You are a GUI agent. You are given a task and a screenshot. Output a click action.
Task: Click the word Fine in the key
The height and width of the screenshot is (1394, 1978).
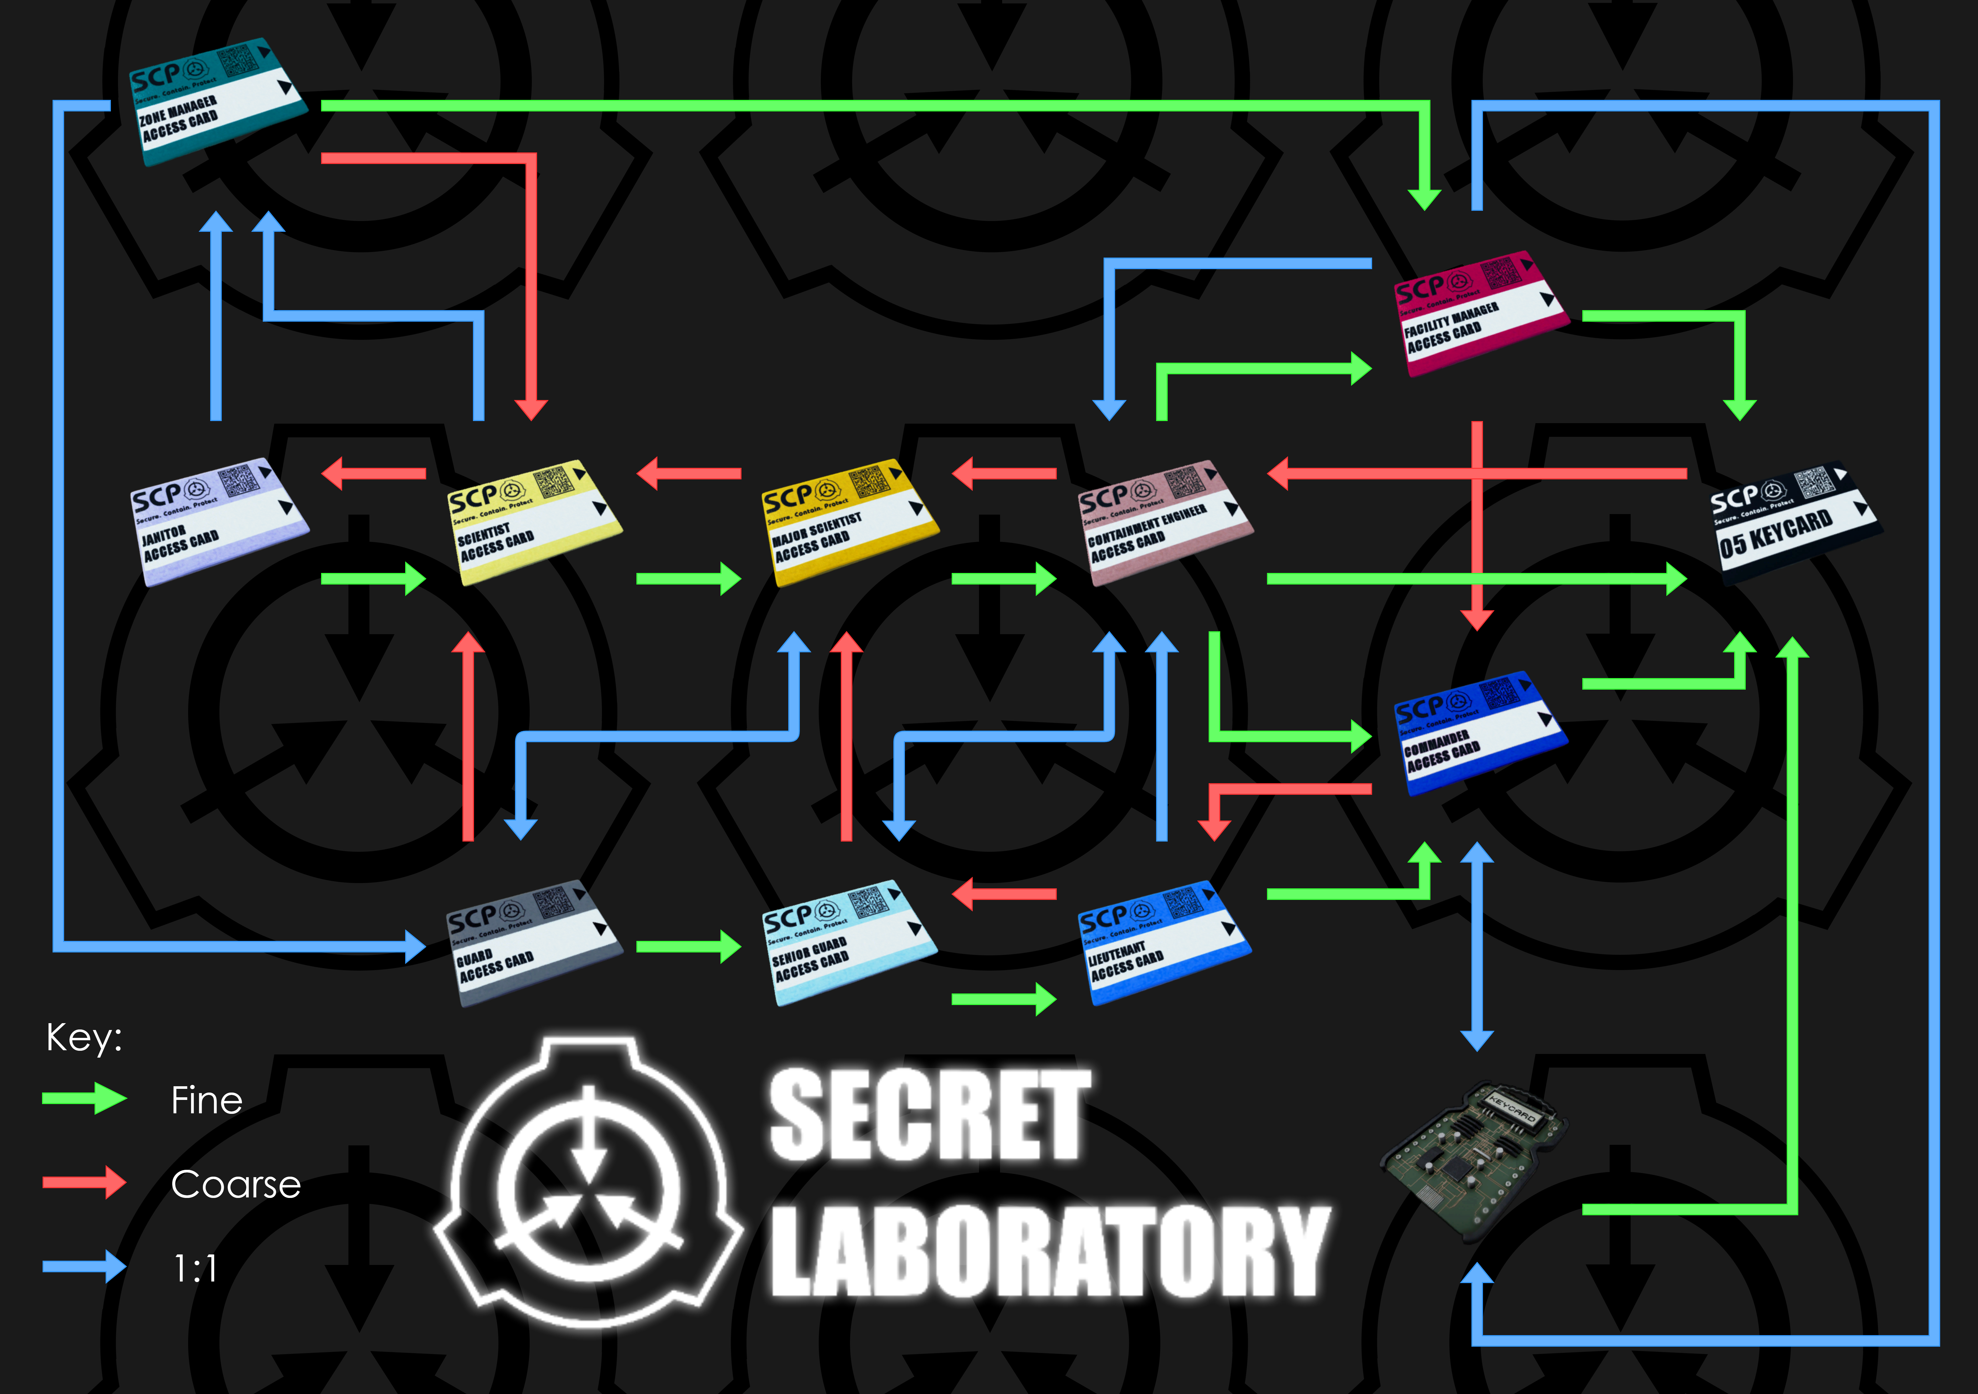pos(207,1100)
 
